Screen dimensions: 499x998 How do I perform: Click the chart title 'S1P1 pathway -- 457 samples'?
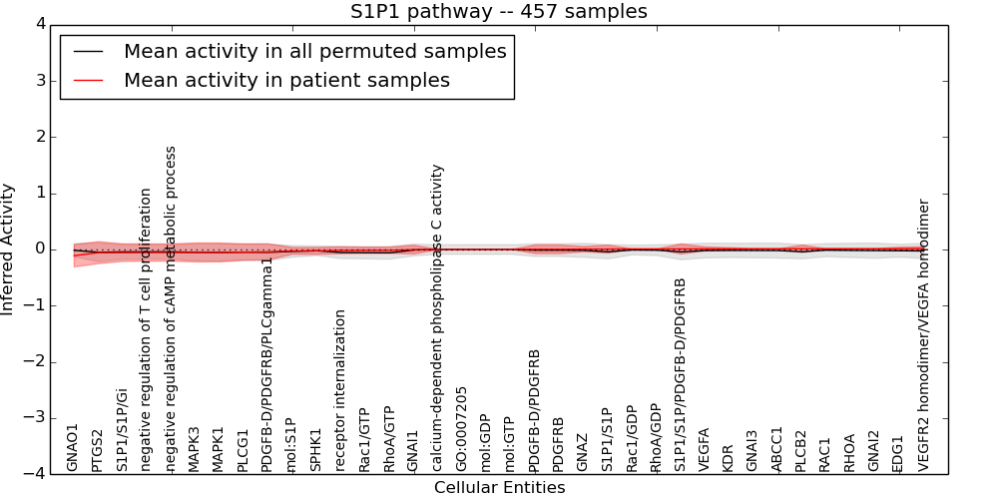[498, 12]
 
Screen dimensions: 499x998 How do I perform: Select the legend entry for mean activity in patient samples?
[286, 81]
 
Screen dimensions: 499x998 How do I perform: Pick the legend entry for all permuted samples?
[314, 52]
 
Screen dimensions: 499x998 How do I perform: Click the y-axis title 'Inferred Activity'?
[9, 249]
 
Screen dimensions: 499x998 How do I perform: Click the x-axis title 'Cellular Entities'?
[499, 488]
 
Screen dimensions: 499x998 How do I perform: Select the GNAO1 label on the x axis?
[73, 446]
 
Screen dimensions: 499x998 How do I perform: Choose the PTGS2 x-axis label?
[97, 449]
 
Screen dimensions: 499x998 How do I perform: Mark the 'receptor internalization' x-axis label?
[340, 390]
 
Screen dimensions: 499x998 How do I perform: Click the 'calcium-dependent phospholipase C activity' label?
[437, 317]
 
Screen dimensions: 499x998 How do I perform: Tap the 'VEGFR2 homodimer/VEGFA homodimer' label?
[923, 334]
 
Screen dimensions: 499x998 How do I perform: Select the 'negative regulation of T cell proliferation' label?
[146, 329]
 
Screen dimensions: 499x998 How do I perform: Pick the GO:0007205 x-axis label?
[461, 429]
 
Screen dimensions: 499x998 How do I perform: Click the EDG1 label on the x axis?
[898, 452]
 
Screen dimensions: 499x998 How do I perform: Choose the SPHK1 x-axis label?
[315, 450]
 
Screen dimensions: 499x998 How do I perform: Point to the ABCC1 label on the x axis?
[777, 449]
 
